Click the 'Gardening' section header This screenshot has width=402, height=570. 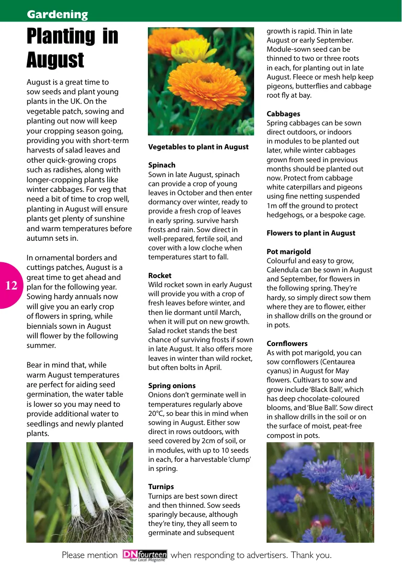coord(57,14)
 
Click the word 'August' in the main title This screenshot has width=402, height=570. coord(55,60)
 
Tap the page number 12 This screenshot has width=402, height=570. coord(11,286)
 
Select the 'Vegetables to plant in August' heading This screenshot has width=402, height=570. coord(198,147)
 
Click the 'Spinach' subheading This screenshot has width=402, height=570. coord(162,165)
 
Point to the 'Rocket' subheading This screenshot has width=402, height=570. coord(159,276)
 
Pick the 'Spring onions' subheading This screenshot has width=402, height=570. coord(172,386)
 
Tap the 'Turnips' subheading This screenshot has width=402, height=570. coord(161,487)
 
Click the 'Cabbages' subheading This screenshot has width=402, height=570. coord(283,114)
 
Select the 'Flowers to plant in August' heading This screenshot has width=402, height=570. coord(311,233)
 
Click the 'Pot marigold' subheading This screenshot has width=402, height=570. coord(289,252)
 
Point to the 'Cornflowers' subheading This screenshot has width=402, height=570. coord(287,344)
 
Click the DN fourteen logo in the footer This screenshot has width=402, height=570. coord(145,555)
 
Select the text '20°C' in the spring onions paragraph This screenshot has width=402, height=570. coord(156,414)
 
